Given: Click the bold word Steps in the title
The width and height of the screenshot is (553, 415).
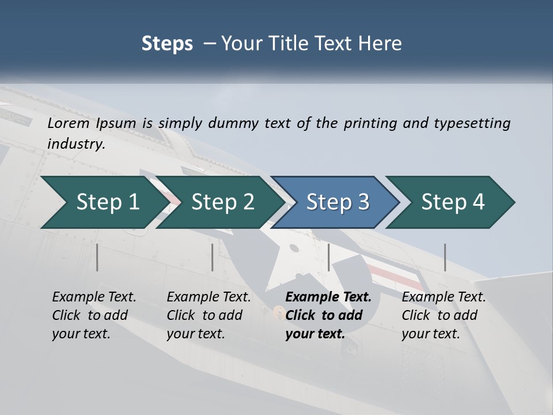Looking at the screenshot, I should click(167, 43).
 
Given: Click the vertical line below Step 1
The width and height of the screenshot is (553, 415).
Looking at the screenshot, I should click(97, 257).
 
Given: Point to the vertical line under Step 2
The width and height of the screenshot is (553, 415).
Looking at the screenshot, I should click(213, 257).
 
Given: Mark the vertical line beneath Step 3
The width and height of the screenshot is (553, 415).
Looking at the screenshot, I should click(329, 257).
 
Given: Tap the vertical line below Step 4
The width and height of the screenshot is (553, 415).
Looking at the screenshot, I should click(445, 257).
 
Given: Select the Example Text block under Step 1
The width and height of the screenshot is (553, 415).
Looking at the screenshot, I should click(94, 315).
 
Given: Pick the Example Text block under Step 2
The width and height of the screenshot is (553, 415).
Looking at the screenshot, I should click(209, 315).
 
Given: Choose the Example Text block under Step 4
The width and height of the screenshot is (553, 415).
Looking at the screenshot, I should click(444, 315).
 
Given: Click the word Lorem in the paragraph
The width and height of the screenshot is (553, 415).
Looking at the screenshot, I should click(69, 123).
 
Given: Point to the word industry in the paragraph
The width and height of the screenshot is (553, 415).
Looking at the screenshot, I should click(76, 144).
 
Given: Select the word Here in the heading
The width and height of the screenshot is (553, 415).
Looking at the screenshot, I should click(381, 43).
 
